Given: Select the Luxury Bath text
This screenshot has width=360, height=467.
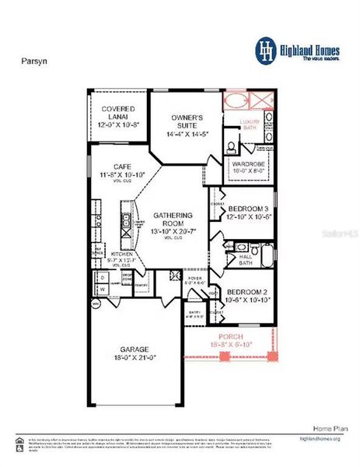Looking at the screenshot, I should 249,125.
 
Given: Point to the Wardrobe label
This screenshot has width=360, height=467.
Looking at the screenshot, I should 249,163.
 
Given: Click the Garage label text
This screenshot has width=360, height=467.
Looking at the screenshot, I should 134,349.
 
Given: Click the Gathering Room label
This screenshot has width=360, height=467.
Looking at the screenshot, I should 169,219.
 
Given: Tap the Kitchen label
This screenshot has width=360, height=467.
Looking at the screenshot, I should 122,255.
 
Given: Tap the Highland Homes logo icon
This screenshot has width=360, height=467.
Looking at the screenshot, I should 267,50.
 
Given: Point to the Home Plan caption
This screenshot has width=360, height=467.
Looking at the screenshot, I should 327,429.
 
